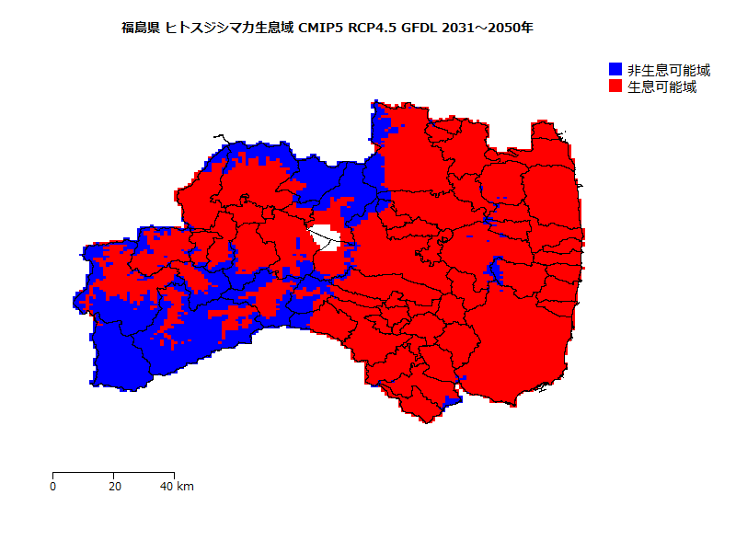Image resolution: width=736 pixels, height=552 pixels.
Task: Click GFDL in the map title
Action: [420, 28]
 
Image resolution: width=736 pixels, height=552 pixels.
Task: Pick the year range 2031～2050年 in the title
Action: [488, 28]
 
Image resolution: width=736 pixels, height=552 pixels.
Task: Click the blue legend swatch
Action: [615, 70]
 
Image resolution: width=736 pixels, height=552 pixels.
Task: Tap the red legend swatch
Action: [615, 86]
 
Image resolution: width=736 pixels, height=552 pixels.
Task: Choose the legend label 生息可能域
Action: [661, 86]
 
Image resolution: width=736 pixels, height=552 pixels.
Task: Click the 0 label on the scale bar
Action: [53, 486]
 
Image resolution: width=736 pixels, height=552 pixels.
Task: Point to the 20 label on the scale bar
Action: [113, 486]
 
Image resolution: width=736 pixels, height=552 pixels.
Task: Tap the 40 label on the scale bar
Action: [167, 486]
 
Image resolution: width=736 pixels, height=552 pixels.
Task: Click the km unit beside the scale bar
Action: [185, 486]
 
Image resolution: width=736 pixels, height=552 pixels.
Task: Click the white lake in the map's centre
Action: [326, 238]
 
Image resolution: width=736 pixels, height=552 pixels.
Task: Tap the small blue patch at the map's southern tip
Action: [451, 399]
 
